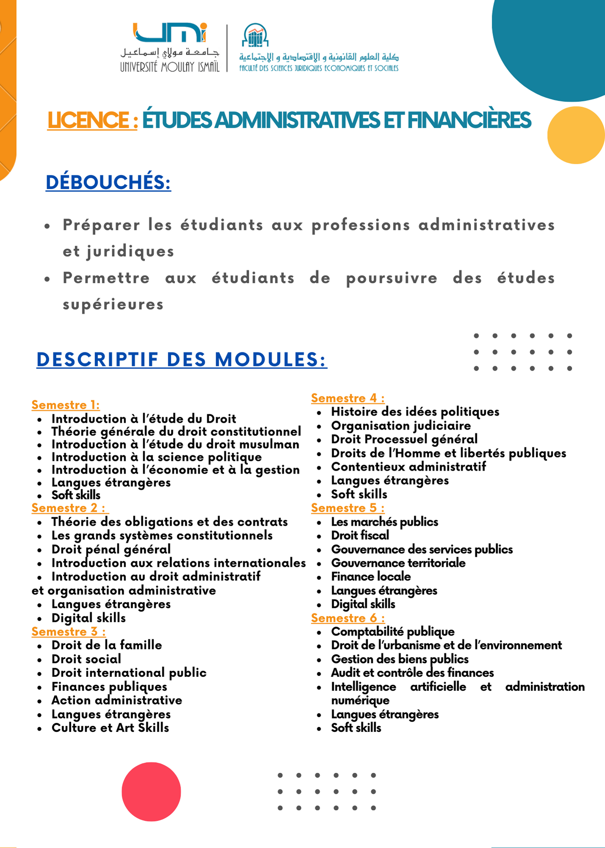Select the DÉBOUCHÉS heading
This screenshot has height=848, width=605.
(108, 182)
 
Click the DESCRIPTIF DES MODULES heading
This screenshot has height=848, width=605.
(182, 360)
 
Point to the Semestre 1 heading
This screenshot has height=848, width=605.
(66, 405)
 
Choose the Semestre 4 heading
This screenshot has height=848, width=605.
(348, 398)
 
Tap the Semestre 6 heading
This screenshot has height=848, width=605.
(348, 618)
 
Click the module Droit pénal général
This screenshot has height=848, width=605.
(111, 549)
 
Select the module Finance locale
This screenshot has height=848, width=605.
(371, 577)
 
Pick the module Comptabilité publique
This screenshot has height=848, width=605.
(393, 632)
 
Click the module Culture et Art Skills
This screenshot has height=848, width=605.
(110, 728)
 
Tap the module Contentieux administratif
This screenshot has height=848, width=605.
(408, 467)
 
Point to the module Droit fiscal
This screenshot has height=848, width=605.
(360, 536)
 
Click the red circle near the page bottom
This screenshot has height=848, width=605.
(151, 792)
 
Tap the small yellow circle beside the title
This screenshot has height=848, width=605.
(575, 135)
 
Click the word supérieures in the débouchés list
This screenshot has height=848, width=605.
(113, 305)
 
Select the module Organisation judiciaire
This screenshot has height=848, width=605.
(401, 426)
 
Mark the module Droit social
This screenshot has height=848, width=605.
(86, 659)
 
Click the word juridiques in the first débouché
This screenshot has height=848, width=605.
(130, 252)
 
